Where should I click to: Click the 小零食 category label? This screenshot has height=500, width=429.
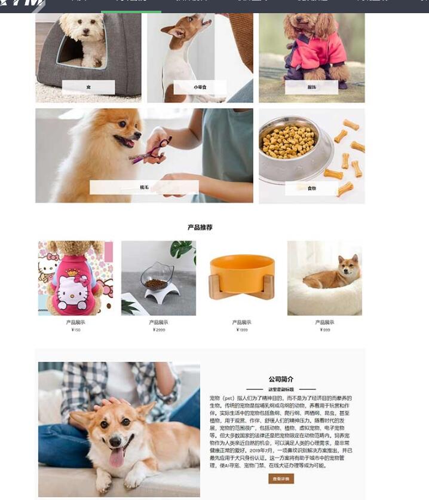pyautogui.click(x=200, y=87)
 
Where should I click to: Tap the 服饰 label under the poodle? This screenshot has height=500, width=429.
pyautogui.click(x=311, y=87)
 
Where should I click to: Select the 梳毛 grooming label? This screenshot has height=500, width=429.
pyautogui.click(x=144, y=187)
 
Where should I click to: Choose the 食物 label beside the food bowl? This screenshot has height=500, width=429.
pyautogui.click(x=311, y=188)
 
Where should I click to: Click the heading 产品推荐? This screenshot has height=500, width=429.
pyautogui.click(x=200, y=227)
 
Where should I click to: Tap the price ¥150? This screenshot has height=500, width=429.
pyautogui.click(x=76, y=330)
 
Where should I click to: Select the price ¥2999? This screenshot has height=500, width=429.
pyautogui.click(x=158, y=330)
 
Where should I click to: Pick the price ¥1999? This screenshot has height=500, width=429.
pyautogui.click(x=241, y=330)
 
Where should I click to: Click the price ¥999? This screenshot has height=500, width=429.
pyautogui.click(x=324, y=330)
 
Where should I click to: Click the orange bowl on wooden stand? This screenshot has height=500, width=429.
pyautogui.click(x=241, y=276)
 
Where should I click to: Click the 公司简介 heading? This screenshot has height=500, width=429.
pyautogui.click(x=280, y=379)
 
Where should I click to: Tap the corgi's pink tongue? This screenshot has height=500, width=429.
pyautogui.click(x=117, y=456)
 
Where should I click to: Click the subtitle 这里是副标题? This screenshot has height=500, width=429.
pyautogui.click(x=280, y=389)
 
